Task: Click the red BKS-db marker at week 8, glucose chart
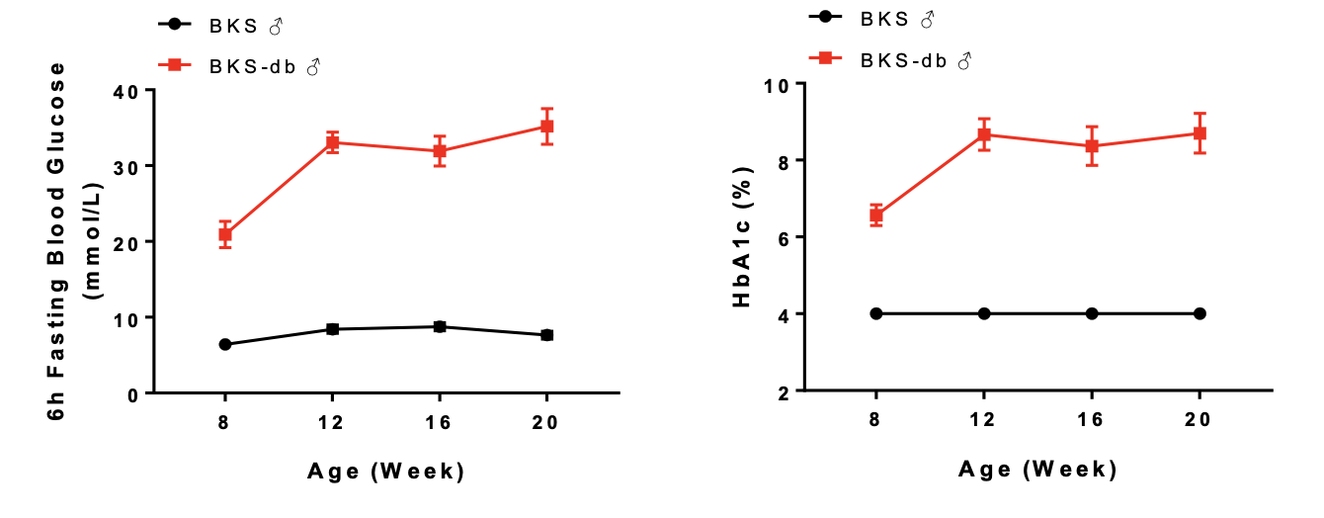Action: [x=225, y=234]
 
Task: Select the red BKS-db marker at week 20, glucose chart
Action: [x=546, y=127]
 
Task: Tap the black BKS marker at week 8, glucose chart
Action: [x=225, y=344]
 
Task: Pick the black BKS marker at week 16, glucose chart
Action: [x=440, y=326]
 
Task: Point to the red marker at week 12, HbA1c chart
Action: [x=984, y=134]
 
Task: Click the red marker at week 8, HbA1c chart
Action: [x=876, y=215]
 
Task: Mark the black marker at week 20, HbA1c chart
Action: [x=1200, y=313]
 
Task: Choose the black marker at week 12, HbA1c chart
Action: [x=984, y=313]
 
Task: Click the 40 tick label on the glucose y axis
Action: [x=128, y=90]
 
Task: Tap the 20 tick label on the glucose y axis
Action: [x=128, y=242]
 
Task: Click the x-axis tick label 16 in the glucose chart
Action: [x=440, y=422]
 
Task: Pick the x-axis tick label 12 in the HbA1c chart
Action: [x=984, y=418]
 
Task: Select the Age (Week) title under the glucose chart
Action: [x=385, y=472]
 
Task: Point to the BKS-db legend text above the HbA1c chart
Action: [x=915, y=60]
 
